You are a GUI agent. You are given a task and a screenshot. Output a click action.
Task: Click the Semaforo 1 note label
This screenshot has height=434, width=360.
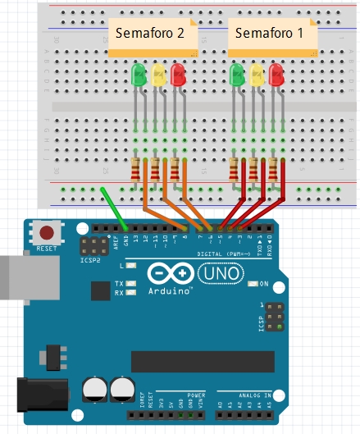pos(269,34)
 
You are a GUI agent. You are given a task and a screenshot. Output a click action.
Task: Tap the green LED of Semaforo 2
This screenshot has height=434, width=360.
pos(139,75)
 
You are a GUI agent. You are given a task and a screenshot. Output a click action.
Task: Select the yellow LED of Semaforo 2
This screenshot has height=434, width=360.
pos(158,75)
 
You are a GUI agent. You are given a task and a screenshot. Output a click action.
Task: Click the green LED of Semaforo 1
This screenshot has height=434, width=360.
pos(237,75)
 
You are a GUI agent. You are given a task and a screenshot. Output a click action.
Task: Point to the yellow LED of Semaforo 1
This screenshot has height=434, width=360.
pos(257,75)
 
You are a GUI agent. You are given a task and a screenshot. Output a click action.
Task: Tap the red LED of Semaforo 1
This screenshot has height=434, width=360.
pos(276,75)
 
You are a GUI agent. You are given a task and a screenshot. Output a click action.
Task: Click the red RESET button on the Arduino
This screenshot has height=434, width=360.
pos(48,233)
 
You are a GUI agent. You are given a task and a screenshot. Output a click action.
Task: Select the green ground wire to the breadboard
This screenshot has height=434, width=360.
pos(114,210)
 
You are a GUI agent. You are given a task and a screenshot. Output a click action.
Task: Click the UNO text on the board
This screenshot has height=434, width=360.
pos(217,273)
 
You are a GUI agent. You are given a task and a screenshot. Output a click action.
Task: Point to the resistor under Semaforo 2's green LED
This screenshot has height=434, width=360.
pos(136,170)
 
